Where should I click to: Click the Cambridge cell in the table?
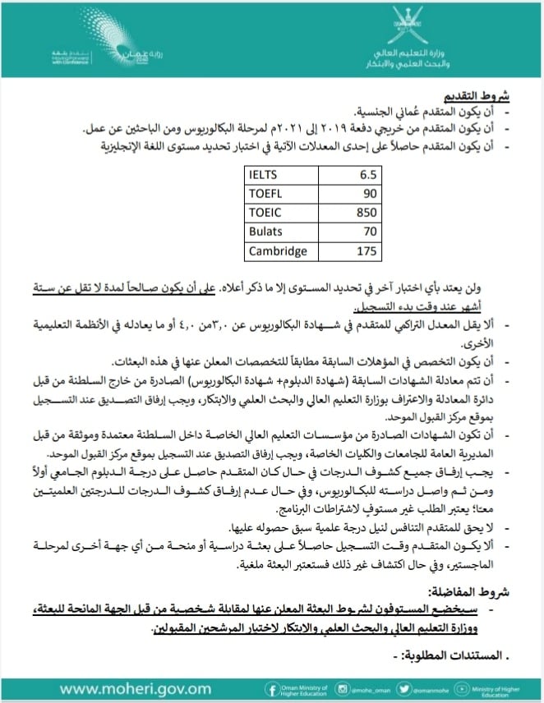tap(279, 251)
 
